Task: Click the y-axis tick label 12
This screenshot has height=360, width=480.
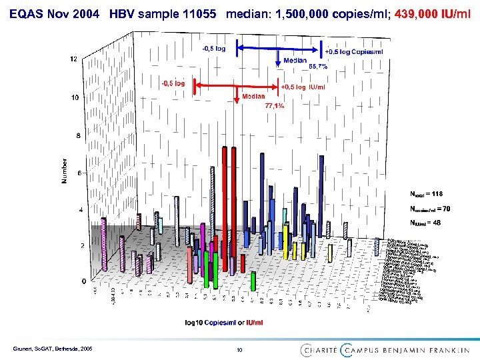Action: point(73,59)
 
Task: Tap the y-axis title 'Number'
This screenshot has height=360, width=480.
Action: point(65,171)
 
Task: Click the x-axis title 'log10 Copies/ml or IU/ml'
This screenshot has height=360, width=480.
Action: point(224,323)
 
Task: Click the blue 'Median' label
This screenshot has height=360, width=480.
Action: point(295,61)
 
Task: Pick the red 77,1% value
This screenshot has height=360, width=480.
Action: point(274,106)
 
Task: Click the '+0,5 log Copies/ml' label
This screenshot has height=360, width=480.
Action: point(354,52)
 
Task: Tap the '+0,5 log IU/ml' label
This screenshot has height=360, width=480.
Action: point(303,87)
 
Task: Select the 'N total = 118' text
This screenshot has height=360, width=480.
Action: point(426,194)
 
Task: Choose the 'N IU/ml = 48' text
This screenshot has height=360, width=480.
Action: point(425,223)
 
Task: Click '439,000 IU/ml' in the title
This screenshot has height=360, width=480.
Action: point(433,15)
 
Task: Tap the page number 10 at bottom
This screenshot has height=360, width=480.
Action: point(239,349)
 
